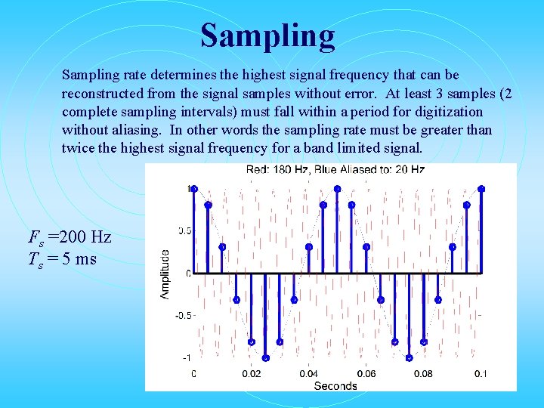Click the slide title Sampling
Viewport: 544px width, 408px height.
point(267,36)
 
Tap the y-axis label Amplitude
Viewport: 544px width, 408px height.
point(165,274)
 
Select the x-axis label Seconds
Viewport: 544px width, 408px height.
point(335,386)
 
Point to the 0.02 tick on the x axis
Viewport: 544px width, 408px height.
point(251,373)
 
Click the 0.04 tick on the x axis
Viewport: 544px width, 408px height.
point(308,373)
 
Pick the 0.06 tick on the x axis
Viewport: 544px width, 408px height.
point(366,373)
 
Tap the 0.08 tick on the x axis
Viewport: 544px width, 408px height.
point(423,373)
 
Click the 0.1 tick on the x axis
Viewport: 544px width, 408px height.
point(480,373)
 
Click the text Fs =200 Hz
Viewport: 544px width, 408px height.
point(70,237)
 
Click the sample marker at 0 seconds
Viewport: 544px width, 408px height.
point(193,188)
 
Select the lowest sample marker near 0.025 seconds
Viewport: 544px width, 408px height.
point(265,357)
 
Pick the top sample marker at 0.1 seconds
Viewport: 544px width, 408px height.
point(481,188)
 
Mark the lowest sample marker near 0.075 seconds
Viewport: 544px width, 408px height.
point(409,357)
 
